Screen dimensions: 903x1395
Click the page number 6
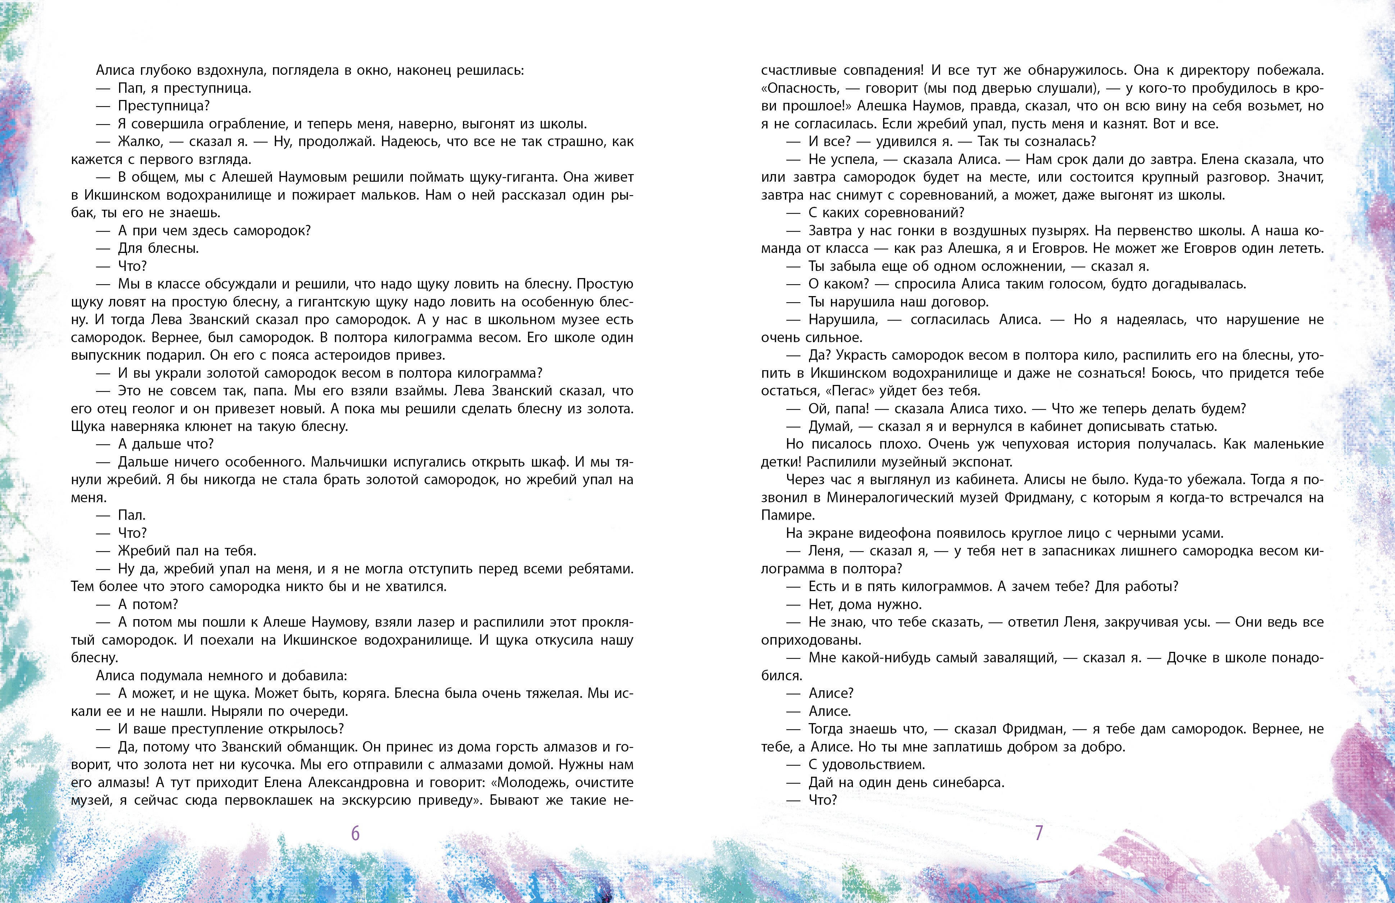[355, 833]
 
